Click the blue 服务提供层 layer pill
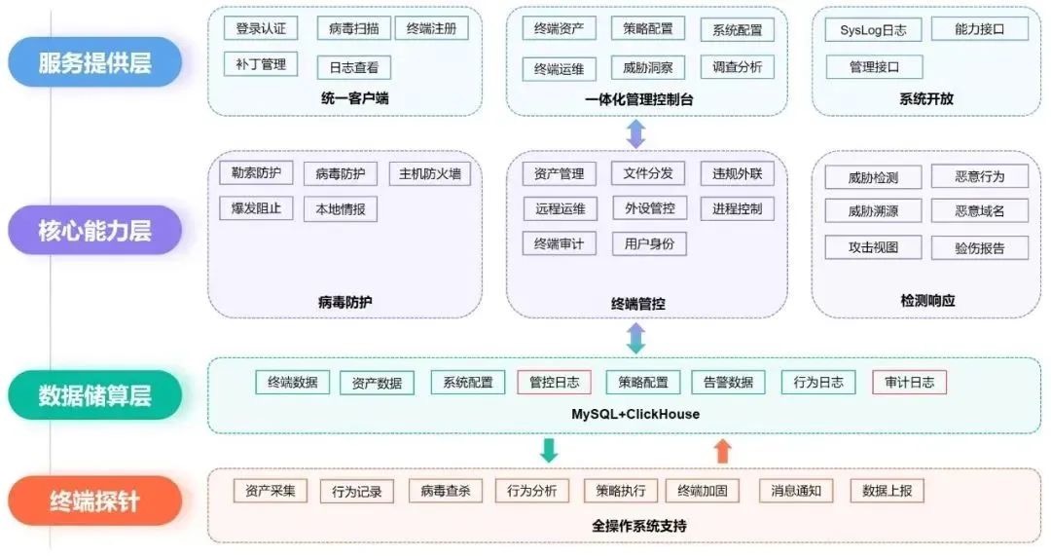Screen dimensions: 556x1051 click(x=95, y=63)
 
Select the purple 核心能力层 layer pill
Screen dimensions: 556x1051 click(x=95, y=231)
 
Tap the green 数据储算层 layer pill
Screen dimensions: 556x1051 click(x=95, y=395)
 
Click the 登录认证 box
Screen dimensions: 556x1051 click(x=261, y=28)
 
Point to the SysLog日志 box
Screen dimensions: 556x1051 click(x=873, y=30)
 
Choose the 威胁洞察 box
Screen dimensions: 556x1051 click(x=648, y=68)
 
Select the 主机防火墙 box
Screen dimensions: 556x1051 click(x=429, y=174)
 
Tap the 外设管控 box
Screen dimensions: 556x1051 click(x=649, y=208)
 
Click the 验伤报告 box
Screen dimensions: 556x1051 click(x=980, y=247)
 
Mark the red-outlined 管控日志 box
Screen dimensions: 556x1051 click(x=554, y=383)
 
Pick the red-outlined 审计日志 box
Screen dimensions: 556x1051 click(x=909, y=383)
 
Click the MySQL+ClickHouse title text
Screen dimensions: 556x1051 click(x=634, y=414)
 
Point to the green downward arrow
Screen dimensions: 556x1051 click(x=549, y=450)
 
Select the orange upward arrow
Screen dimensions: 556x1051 click(x=722, y=450)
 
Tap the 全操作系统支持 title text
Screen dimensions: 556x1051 click(x=639, y=526)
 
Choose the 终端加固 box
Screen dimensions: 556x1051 click(x=703, y=491)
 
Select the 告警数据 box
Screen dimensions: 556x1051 click(x=728, y=383)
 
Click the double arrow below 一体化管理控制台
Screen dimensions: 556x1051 click(x=635, y=133)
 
